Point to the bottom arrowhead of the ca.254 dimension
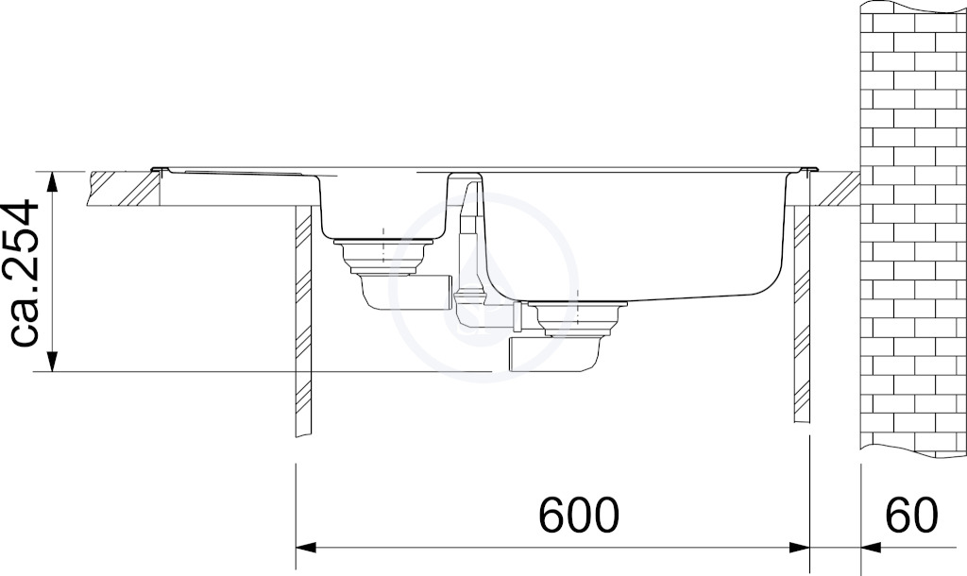pos(53,361)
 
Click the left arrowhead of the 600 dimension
pos(307,547)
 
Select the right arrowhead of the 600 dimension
pos(799,547)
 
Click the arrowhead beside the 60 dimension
pos(871,547)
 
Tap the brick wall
pos(913,229)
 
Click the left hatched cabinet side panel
pos(304,321)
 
